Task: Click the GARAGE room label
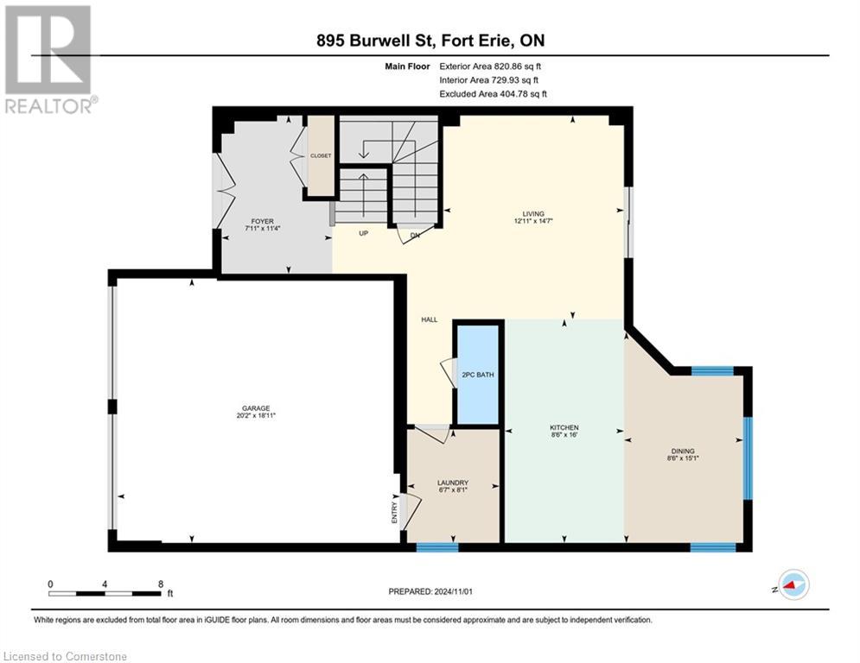(x=256, y=408)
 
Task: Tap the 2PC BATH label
(x=477, y=375)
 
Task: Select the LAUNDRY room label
(x=453, y=483)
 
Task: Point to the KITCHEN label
(x=564, y=427)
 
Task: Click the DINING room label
(x=682, y=451)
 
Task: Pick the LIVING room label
(x=532, y=213)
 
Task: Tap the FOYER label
(x=258, y=222)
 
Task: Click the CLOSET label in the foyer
(x=321, y=155)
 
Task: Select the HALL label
(x=429, y=319)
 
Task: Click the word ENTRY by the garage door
(x=395, y=511)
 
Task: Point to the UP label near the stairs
(x=365, y=233)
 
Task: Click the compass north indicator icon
(x=793, y=584)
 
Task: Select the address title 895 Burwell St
(x=430, y=41)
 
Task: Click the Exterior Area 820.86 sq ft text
(x=491, y=66)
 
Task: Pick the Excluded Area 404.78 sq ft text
(x=493, y=94)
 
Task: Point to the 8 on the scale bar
(x=161, y=584)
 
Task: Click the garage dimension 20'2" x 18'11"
(x=256, y=416)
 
